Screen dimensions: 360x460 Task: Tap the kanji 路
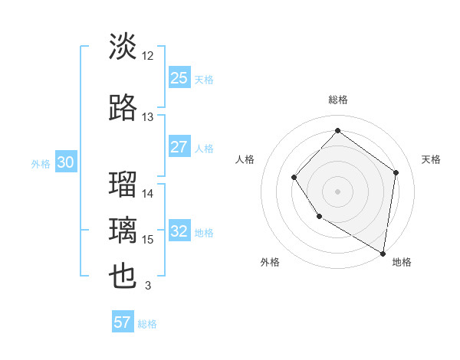click(x=123, y=108)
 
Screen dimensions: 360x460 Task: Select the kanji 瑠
click(x=123, y=185)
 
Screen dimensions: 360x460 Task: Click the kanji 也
click(x=123, y=277)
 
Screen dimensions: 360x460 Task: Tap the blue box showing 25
click(x=179, y=77)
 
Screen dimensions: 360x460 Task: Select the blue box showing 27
click(x=179, y=147)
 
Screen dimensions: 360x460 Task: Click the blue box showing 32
click(x=179, y=231)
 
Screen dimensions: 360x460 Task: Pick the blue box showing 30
click(x=65, y=162)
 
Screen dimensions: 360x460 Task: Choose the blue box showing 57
click(x=123, y=322)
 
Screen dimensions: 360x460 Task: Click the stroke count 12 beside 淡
click(x=148, y=56)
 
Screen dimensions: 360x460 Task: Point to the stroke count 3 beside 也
click(x=148, y=286)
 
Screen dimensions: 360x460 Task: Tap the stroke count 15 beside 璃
click(x=148, y=240)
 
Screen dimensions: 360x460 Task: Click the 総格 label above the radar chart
click(x=337, y=100)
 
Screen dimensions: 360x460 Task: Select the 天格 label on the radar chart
click(x=431, y=159)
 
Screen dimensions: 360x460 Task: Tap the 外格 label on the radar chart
click(x=270, y=262)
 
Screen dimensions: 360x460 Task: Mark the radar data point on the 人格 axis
click(x=294, y=178)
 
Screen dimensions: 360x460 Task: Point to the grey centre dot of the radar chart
click(x=337, y=191)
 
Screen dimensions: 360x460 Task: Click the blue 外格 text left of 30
click(x=40, y=163)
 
